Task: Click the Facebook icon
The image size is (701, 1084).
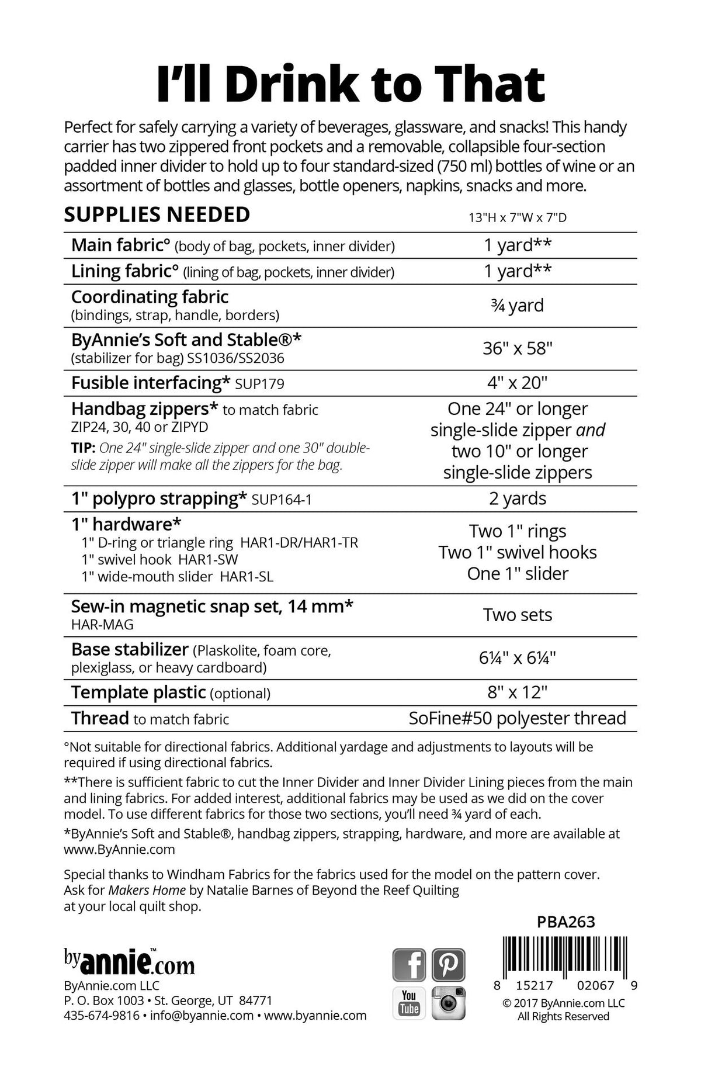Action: (x=409, y=965)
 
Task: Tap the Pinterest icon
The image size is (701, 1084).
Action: (x=448, y=965)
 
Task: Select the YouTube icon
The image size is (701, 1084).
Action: (x=409, y=1003)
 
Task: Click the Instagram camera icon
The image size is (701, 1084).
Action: (x=448, y=1003)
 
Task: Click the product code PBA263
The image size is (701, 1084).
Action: (x=565, y=922)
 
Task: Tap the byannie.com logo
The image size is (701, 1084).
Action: (x=129, y=962)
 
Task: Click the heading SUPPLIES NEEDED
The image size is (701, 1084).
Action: (x=157, y=215)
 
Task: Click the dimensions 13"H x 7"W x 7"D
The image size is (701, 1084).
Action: (x=518, y=218)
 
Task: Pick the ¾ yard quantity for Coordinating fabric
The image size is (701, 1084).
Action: (x=518, y=305)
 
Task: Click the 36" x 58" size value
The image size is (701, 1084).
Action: (x=518, y=348)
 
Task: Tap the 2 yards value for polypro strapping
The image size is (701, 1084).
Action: (x=518, y=498)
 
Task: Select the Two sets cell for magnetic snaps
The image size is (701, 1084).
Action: (x=518, y=615)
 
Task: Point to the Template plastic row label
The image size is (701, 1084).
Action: (x=138, y=692)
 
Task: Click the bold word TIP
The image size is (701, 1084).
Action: (x=82, y=448)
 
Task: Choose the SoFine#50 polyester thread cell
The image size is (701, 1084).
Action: (x=518, y=718)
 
